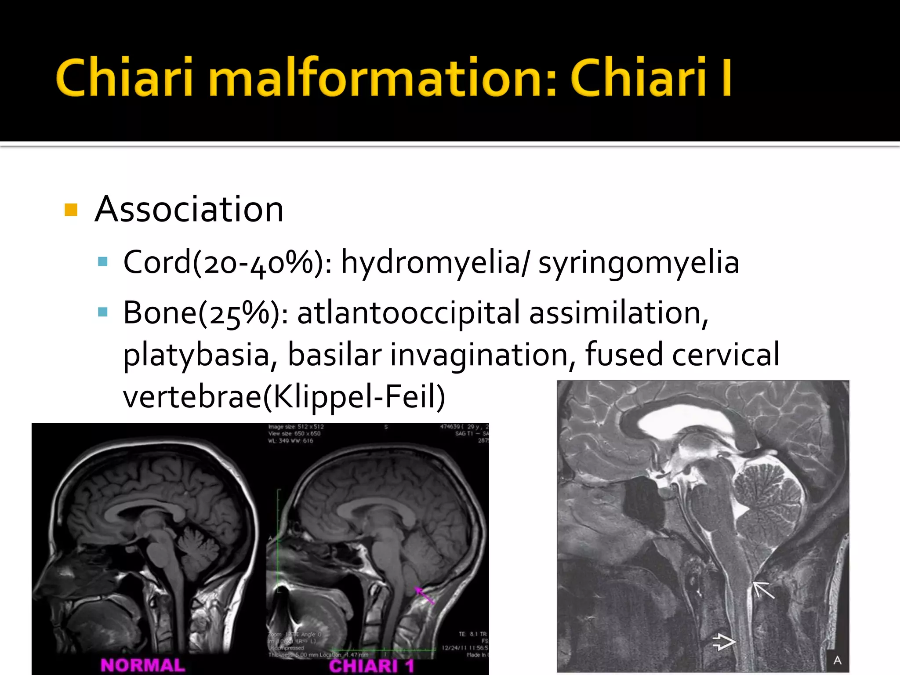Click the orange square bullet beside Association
coord(71,210)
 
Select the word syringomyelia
coord(639,262)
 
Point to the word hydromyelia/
coord(435,262)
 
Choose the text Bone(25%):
coord(205,313)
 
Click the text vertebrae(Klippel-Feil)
coord(284,396)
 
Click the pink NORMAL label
coord(143,665)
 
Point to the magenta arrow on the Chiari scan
coord(424,595)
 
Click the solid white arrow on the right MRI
coord(763,590)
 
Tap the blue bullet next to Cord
coord(103,262)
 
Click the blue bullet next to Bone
coord(103,312)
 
